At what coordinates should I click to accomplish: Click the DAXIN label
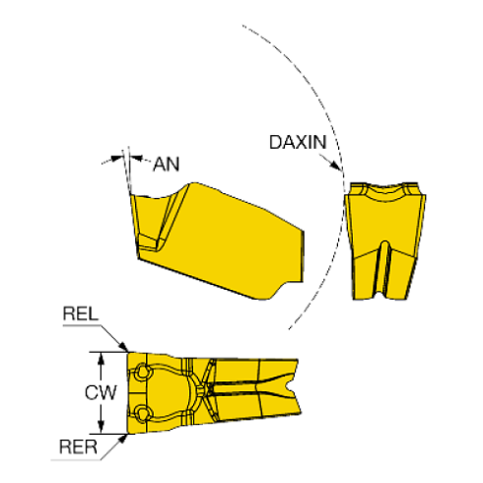298,142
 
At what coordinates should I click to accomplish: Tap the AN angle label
167,164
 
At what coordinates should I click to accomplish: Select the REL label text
81,313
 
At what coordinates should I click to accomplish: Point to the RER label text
78,447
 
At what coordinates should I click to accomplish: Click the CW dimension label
101,392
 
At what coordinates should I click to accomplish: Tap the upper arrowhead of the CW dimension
102,358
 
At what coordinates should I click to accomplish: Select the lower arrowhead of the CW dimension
102,427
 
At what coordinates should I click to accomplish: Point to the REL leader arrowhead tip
127,352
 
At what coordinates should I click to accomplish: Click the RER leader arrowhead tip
127,435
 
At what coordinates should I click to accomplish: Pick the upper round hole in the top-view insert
142,372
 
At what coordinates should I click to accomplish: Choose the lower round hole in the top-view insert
142,412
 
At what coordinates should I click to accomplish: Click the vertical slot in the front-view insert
383,268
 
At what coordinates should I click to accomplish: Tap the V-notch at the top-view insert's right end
290,386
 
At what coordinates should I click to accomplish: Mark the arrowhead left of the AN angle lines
116,159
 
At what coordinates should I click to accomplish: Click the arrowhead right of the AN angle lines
136,159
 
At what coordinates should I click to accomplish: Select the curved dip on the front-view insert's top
384,193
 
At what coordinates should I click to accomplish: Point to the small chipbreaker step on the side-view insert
149,242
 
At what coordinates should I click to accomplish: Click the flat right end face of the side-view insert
302,256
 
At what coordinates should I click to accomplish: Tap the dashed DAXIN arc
344,176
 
